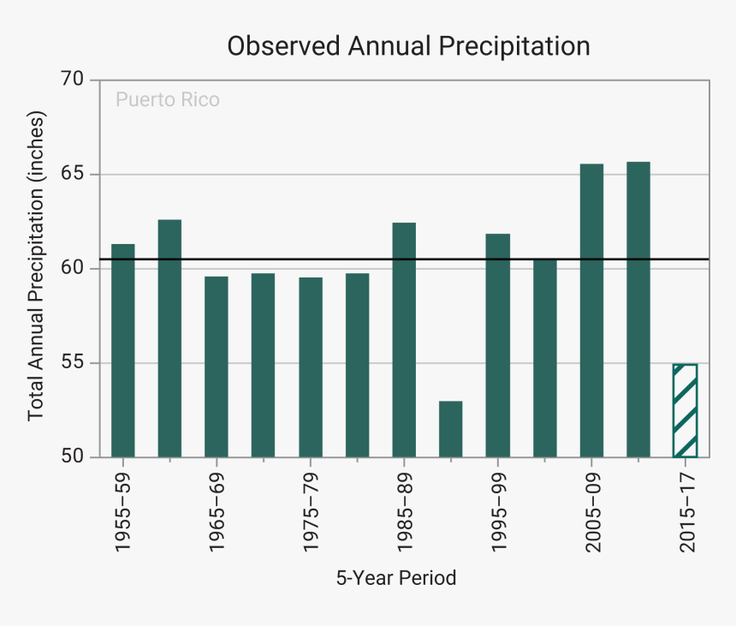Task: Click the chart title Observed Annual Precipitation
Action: coord(408,45)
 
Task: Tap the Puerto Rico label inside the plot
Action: coord(167,100)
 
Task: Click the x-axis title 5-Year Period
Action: coord(396,578)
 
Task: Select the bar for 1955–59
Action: coord(123,350)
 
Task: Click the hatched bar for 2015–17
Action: coord(685,410)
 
